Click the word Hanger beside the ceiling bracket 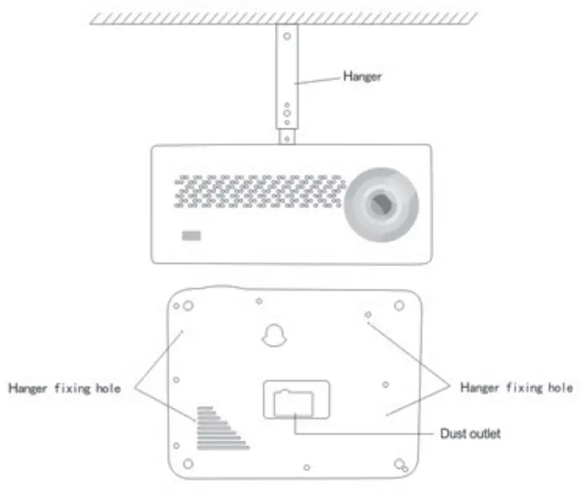pos(362,77)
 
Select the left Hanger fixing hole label pos(64,388)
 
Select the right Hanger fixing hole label pos(516,387)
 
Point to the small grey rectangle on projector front pos(191,236)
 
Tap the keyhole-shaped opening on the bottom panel pos(273,335)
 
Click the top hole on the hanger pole pos(287,36)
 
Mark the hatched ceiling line pos(284,17)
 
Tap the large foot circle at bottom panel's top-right pos(400,306)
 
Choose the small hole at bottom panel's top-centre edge pos(259,300)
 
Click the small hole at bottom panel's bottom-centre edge pos(306,467)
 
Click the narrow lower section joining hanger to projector pos(287,137)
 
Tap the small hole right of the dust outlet pos(386,385)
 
